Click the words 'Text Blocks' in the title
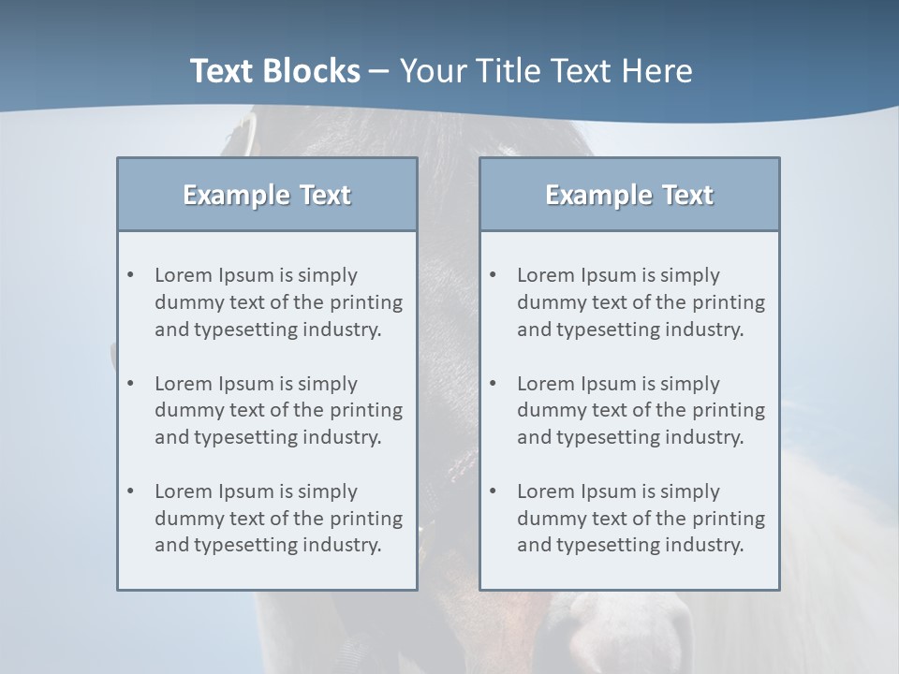point(274,71)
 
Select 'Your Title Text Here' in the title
point(546,71)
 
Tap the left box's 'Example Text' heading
point(267,195)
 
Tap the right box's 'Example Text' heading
point(629,195)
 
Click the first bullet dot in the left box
point(130,275)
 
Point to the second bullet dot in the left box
point(130,384)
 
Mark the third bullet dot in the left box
point(130,491)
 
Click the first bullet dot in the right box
point(493,275)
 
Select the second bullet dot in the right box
point(493,384)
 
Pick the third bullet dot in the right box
point(493,491)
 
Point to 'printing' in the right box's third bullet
point(730,519)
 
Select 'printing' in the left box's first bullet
point(368,302)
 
